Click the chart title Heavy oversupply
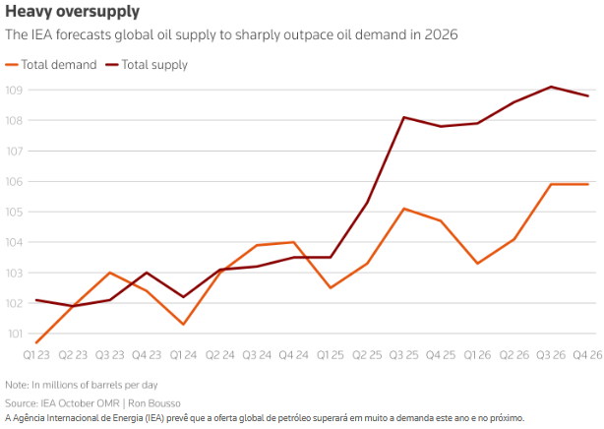pyautogui.click(x=72, y=12)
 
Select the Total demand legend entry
pyautogui.click(x=58, y=65)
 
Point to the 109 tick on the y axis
pyautogui.click(x=15, y=91)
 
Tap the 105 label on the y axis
pyautogui.click(x=15, y=212)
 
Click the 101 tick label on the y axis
pyautogui.click(x=15, y=334)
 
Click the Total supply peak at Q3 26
pyautogui.click(x=551, y=87)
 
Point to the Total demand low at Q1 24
pyautogui.click(x=184, y=324)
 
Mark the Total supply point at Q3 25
pyautogui.click(x=404, y=117)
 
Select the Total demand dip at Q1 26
pyautogui.click(x=478, y=263)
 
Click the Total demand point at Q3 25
pyautogui.click(x=404, y=209)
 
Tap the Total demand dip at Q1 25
pyautogui.click(x=331, y=287)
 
